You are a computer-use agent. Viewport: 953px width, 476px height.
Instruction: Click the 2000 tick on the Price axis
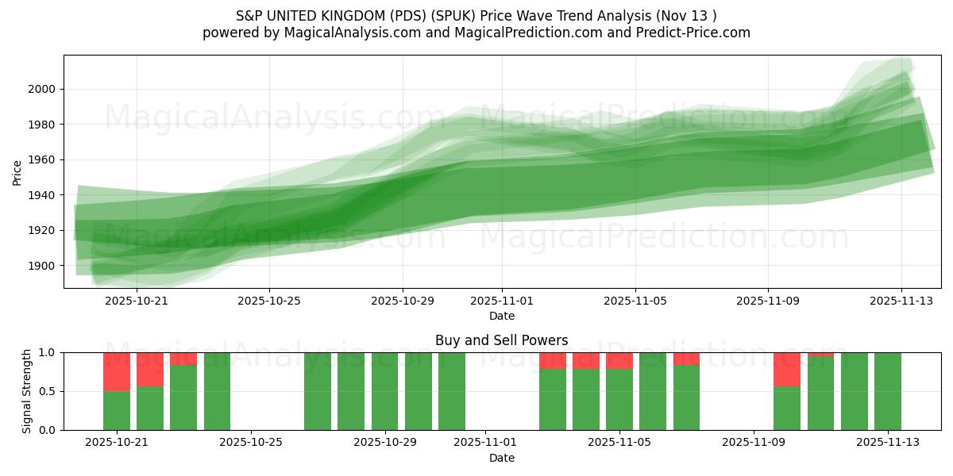[41, 89]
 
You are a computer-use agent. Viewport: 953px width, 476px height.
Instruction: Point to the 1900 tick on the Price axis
[41, 266]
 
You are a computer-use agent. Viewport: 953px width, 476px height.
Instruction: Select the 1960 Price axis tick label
[41, 159]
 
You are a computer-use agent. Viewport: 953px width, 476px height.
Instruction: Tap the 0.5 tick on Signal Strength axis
[47, 391]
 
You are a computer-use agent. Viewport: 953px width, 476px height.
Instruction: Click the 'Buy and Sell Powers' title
[501, 340]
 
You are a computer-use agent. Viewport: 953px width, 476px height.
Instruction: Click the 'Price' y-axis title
[17, 171]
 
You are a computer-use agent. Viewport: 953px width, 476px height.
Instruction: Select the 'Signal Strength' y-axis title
[27, 391]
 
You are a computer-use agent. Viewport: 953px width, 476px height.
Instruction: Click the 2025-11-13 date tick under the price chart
[901, 301]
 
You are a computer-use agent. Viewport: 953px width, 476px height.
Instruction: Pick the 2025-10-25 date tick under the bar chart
[251, 443]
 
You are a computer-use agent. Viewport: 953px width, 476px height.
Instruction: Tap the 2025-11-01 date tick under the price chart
[501, 301]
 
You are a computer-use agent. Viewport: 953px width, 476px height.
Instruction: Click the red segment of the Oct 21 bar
[117, 371]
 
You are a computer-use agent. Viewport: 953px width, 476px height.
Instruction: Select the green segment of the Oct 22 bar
[150, 408]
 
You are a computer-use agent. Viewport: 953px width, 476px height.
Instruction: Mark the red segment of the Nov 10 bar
[787, 369]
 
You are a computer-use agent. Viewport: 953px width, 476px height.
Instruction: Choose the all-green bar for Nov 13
[888, 391]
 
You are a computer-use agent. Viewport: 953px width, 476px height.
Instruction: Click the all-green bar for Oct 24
[217, 391]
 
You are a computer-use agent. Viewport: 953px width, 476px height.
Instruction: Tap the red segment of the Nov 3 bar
[553, 360]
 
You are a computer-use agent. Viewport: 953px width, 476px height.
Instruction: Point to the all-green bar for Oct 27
[318, 391]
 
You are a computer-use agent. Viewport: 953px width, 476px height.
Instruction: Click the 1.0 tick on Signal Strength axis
[47, 352]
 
